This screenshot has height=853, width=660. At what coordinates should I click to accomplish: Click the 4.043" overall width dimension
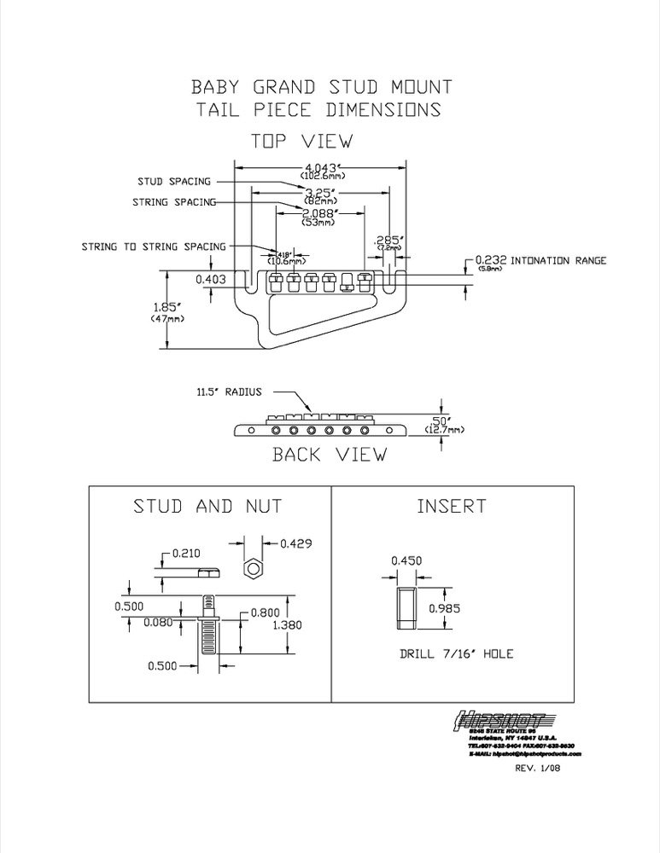tap(320, 166)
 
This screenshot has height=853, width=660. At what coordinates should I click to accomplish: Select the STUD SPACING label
tap(174, 182)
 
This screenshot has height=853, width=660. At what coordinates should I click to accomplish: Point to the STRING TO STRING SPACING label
tap(154, 247)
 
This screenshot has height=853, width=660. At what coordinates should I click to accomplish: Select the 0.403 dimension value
tap(211, 278)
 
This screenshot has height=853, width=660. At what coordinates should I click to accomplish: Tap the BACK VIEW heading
tap(329, 455)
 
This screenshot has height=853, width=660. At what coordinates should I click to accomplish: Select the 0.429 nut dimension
tap(295, 543)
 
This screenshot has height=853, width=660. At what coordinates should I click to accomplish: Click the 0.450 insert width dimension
tap(406, 561)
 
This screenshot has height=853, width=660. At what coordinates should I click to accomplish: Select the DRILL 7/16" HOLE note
tap(456, 654)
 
